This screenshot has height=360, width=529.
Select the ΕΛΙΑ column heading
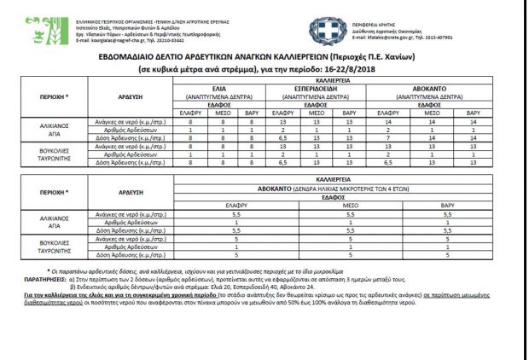click(218, 88)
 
